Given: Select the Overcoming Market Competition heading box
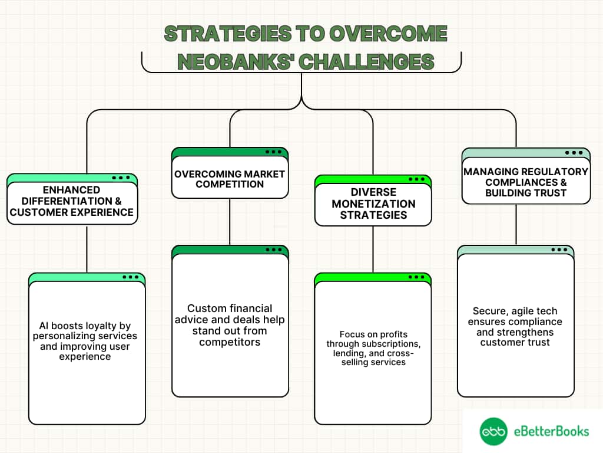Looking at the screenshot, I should click(230, 179).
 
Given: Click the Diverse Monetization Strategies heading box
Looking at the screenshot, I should click(373, 203).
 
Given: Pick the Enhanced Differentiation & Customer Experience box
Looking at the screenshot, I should click(72, 201).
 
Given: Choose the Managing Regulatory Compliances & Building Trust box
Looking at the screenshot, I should click(526, 182).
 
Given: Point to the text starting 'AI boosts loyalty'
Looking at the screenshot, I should click(87, 341).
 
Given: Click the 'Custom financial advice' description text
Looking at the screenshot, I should click(230, 324).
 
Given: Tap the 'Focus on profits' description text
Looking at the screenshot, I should click(373, 348).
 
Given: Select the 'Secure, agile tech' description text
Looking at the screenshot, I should click(515, 326).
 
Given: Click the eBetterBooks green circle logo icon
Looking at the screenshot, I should click(493, 432).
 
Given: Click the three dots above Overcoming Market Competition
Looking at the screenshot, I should click(273, 152).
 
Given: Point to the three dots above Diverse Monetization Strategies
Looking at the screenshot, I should click(416, 179).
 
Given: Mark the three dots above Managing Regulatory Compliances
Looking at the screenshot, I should click(574, 152).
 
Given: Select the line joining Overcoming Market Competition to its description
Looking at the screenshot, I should click(230, 222).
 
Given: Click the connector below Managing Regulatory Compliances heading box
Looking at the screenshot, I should click(516, 224).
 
